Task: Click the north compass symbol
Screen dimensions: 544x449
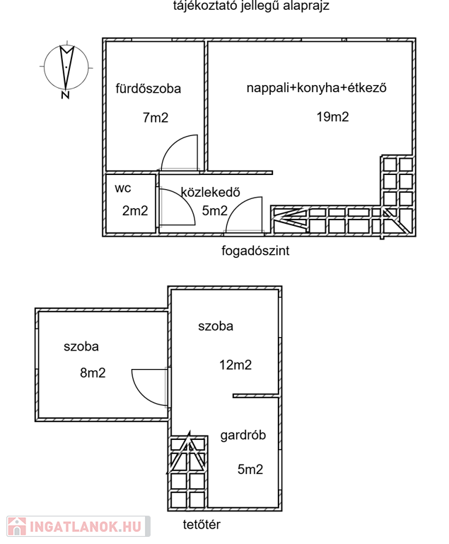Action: click(66, 69)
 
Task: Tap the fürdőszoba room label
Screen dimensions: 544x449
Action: click(148, 89)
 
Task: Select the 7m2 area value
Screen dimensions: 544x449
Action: click(156, 118)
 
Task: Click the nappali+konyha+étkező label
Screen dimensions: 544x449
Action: click(318, 89)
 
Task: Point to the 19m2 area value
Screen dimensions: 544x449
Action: click(332, 117)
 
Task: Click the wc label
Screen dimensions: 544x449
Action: click(124, 188)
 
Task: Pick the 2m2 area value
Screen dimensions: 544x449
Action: click(134, 210)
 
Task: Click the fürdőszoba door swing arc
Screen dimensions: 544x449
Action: click(179, 152)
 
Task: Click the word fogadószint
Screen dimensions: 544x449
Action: click(256, 250)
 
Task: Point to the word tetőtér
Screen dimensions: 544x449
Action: click(202, 525)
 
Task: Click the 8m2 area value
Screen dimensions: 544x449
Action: click(93, 373)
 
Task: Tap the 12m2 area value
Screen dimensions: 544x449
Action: click(235, 365)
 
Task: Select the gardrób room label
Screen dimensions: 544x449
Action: click(243, 436)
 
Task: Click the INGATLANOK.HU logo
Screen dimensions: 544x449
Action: click(76, 526)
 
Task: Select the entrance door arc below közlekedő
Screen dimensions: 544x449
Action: click(245, 216)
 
